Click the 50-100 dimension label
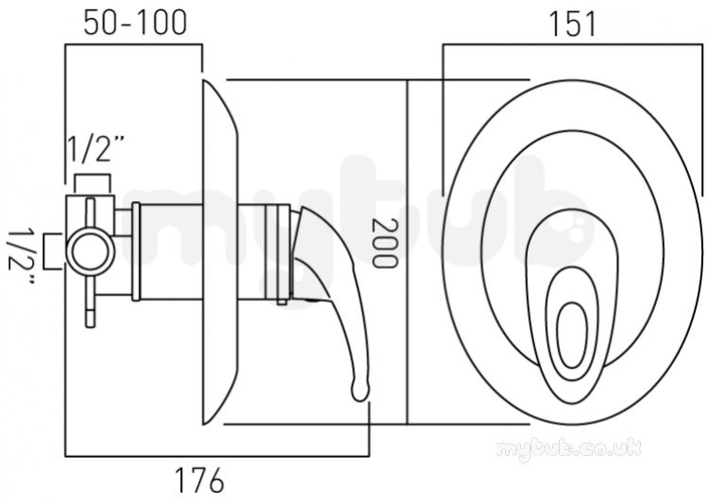135,22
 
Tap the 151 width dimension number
572,24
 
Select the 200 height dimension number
384,244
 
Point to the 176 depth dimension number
199,480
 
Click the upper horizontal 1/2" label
95,149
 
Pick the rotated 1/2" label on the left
21,257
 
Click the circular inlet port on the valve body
90,251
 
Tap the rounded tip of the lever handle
361,391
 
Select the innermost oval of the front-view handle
572,335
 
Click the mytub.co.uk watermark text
567,448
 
